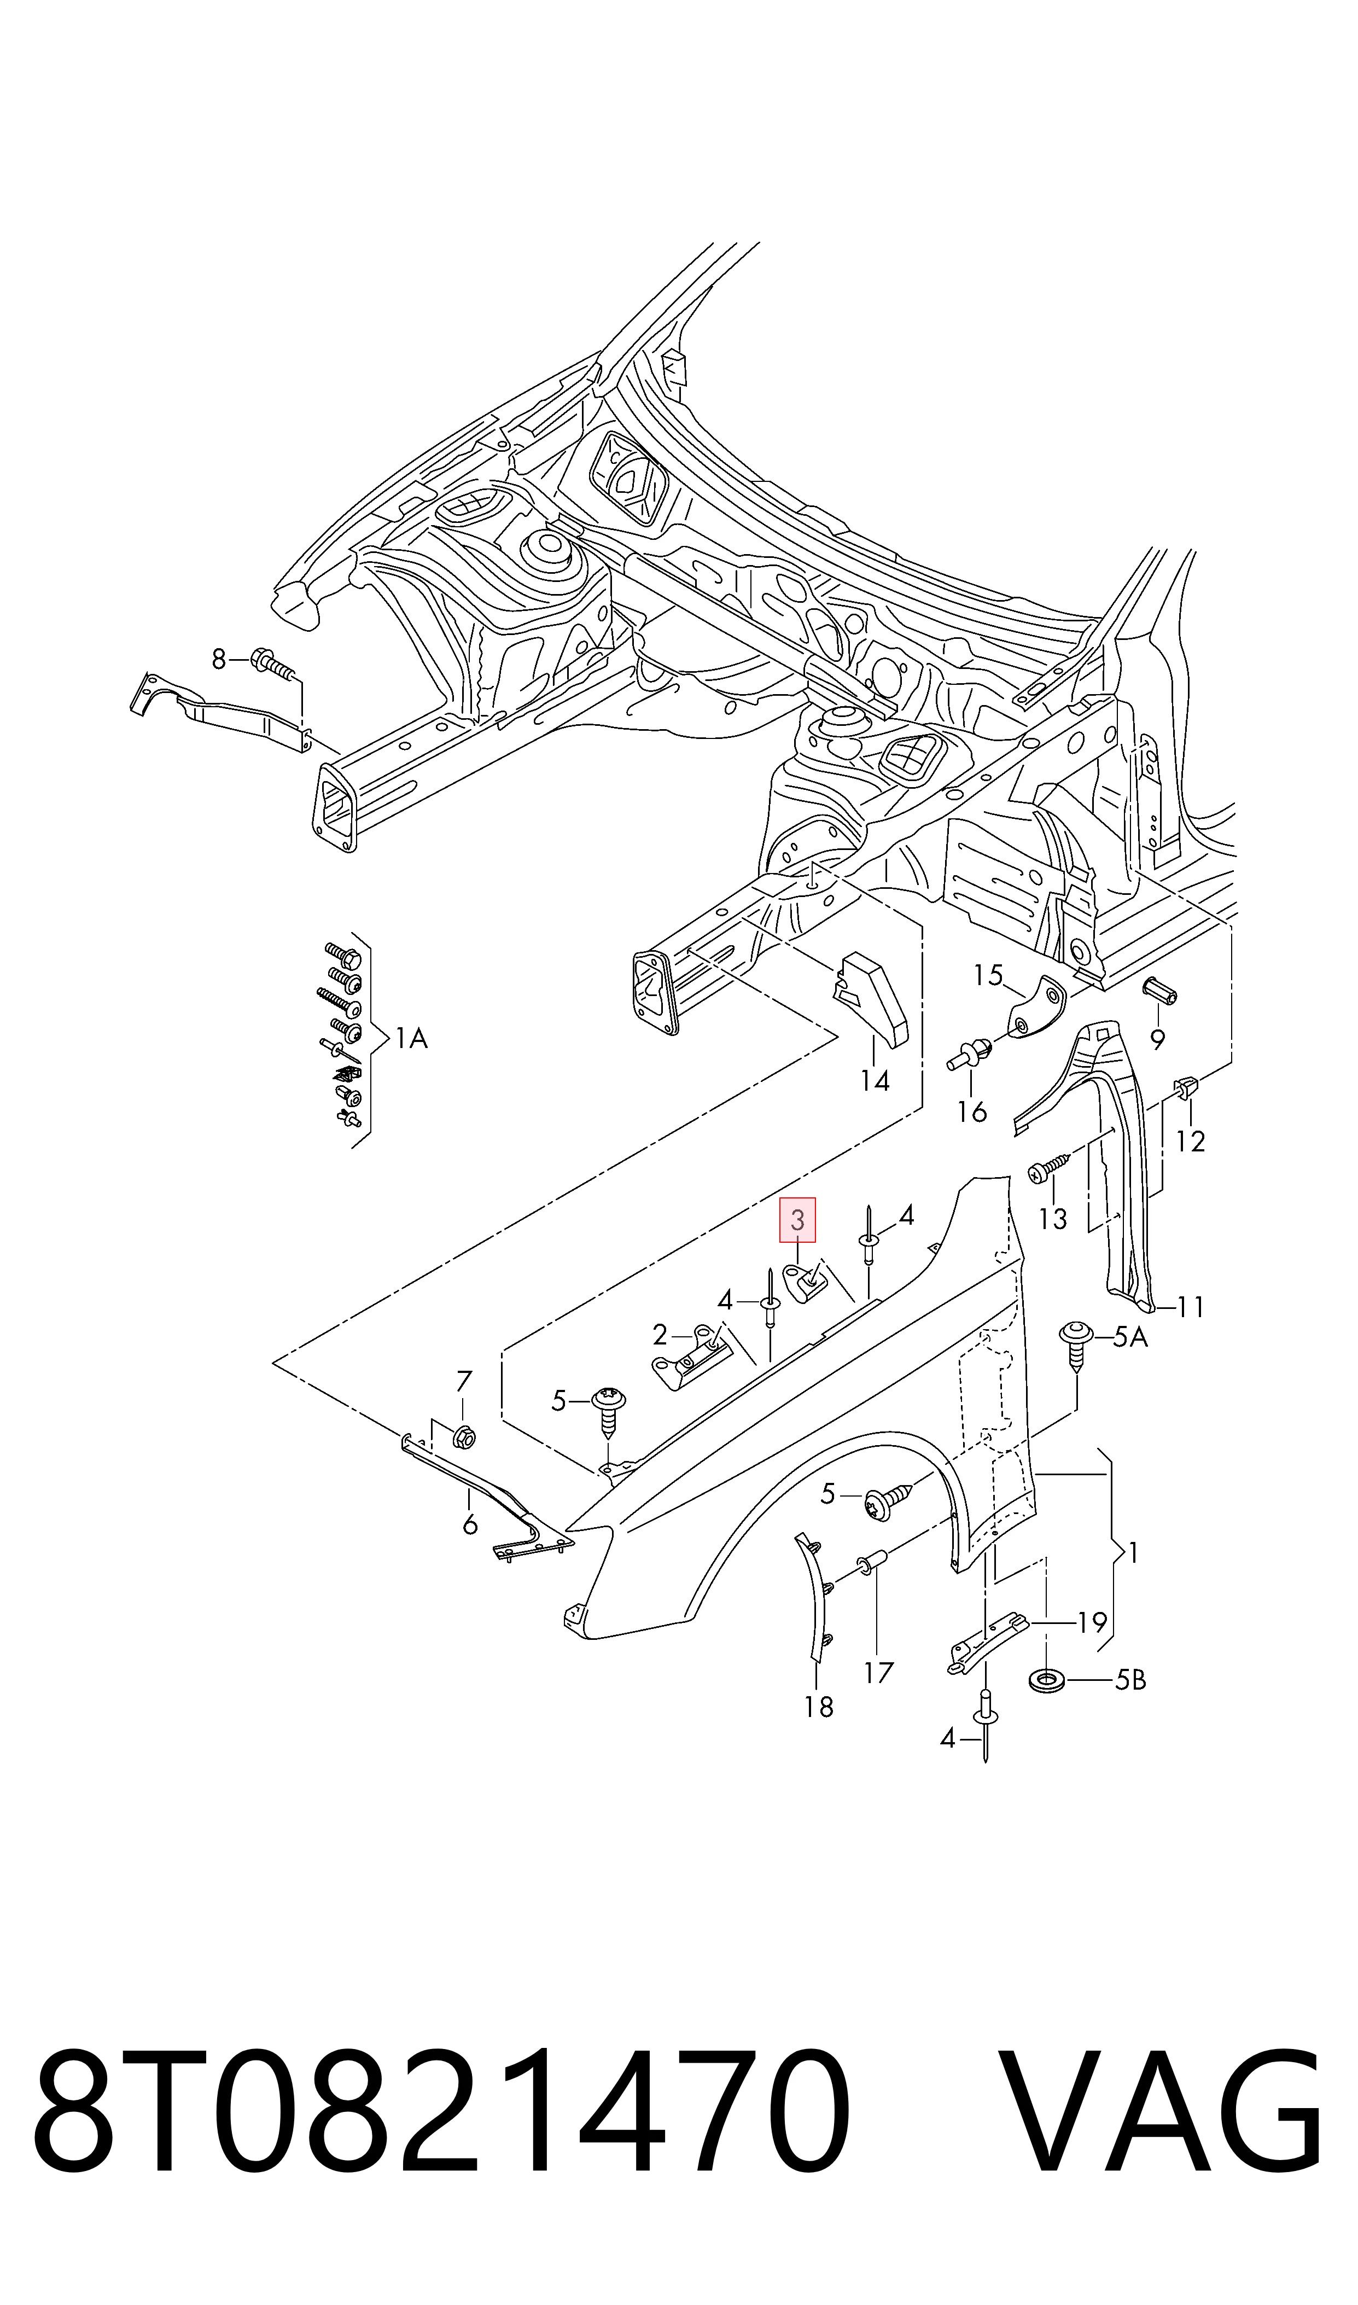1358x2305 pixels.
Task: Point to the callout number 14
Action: (x=875, y=1081)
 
